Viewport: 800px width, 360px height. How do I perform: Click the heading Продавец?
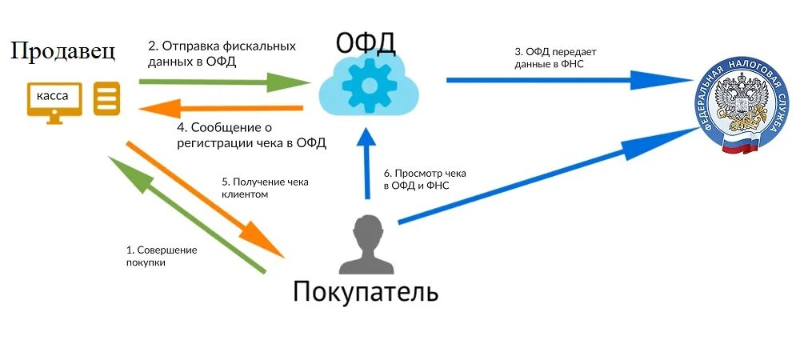pos(63,51)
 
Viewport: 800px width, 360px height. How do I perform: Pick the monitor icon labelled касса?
pos(54,101)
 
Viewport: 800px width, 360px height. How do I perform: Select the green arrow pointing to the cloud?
pos(224,81)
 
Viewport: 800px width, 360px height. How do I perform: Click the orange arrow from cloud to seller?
pos(220,108)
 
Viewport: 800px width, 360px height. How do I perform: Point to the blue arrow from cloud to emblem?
pos(568,80)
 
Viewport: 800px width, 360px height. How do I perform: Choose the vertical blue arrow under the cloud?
pos(367,165)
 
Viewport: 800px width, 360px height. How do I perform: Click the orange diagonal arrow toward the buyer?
pos(206,199)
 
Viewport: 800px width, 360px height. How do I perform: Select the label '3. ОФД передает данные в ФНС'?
pos(555,58)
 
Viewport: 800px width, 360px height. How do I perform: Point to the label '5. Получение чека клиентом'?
pos(264,187)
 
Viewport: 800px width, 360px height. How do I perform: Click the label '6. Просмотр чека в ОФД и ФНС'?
pos(425,179)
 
